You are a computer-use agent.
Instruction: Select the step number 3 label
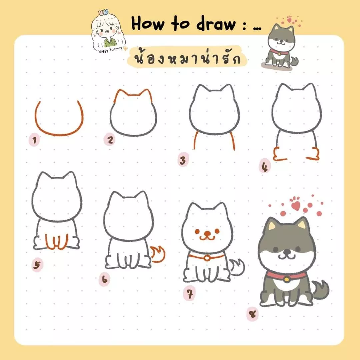tap(182, 161)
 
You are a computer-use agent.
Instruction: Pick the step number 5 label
tap(37, 266)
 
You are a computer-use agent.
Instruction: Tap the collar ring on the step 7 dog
tap(207, 258)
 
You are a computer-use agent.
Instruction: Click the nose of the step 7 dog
tap(208, 232)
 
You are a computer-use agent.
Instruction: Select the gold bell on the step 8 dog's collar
tap(286, 280)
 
